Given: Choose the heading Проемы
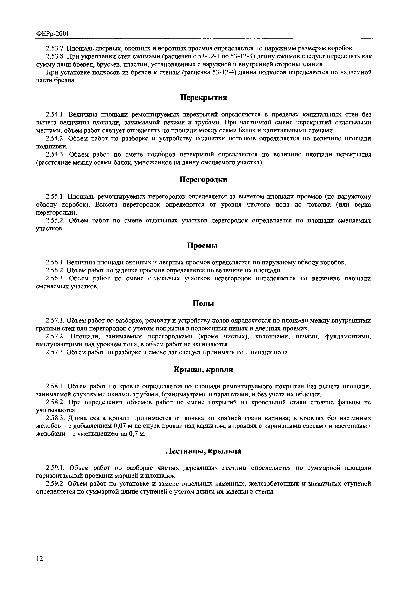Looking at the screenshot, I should point(203,246).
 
